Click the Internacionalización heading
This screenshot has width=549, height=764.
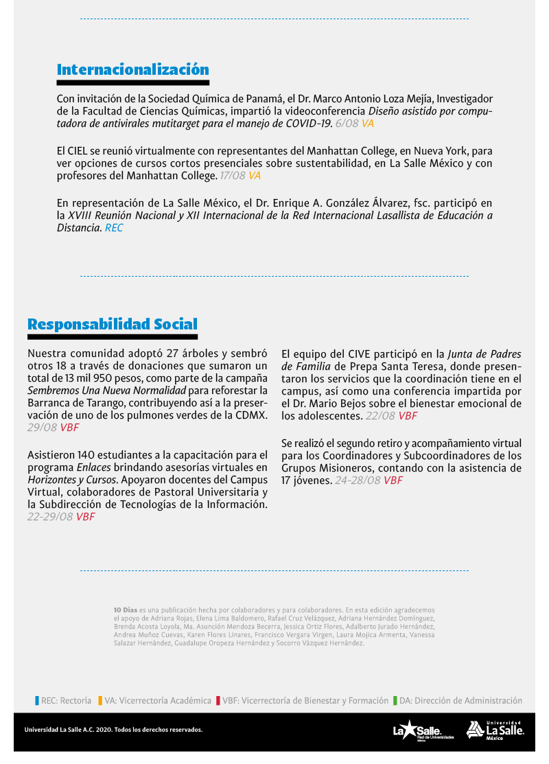click(132, 69)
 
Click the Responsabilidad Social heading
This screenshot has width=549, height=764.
click(113, 324)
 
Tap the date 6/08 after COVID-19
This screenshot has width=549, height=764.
click(347, 124)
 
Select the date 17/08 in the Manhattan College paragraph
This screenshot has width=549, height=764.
click(232, 176)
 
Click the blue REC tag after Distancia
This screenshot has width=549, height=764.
click(114, 228)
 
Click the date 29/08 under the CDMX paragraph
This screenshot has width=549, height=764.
click(41, 428)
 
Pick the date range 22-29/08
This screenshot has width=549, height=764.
click(50, 517)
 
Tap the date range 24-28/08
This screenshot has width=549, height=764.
click(358, 481)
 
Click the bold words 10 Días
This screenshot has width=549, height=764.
click(125, 610)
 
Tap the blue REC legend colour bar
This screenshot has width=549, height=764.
click(37, 701)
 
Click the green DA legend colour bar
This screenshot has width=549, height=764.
click(395, 701)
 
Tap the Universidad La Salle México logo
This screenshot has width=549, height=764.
click(495, 730)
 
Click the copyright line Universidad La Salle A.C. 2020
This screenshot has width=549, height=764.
click(113, 730)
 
